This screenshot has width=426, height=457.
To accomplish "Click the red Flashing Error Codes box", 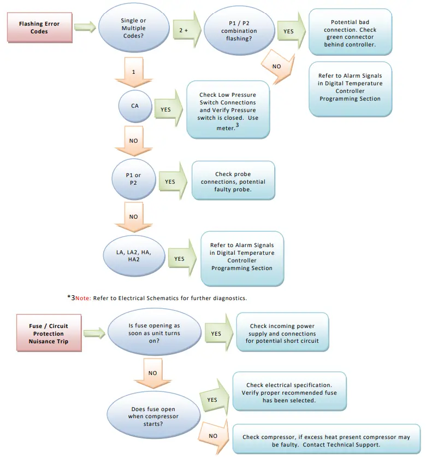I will (x=39, y=28).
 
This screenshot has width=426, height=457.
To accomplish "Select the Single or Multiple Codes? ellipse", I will (x=133, y=28).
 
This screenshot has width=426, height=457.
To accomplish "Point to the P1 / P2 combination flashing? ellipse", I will (x=239, y=31).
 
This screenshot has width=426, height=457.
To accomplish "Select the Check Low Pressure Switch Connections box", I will (x=228, y=109).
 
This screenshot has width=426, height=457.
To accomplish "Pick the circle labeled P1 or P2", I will (x=134, y=179).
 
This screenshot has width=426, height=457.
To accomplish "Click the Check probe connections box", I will (x=233, y=180).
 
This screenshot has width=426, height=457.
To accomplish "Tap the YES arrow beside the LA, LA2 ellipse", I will (x=181, y=258).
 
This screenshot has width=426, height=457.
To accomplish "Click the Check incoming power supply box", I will (x=282, y=333).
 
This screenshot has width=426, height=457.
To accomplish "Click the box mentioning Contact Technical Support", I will (x=326, y=440).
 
